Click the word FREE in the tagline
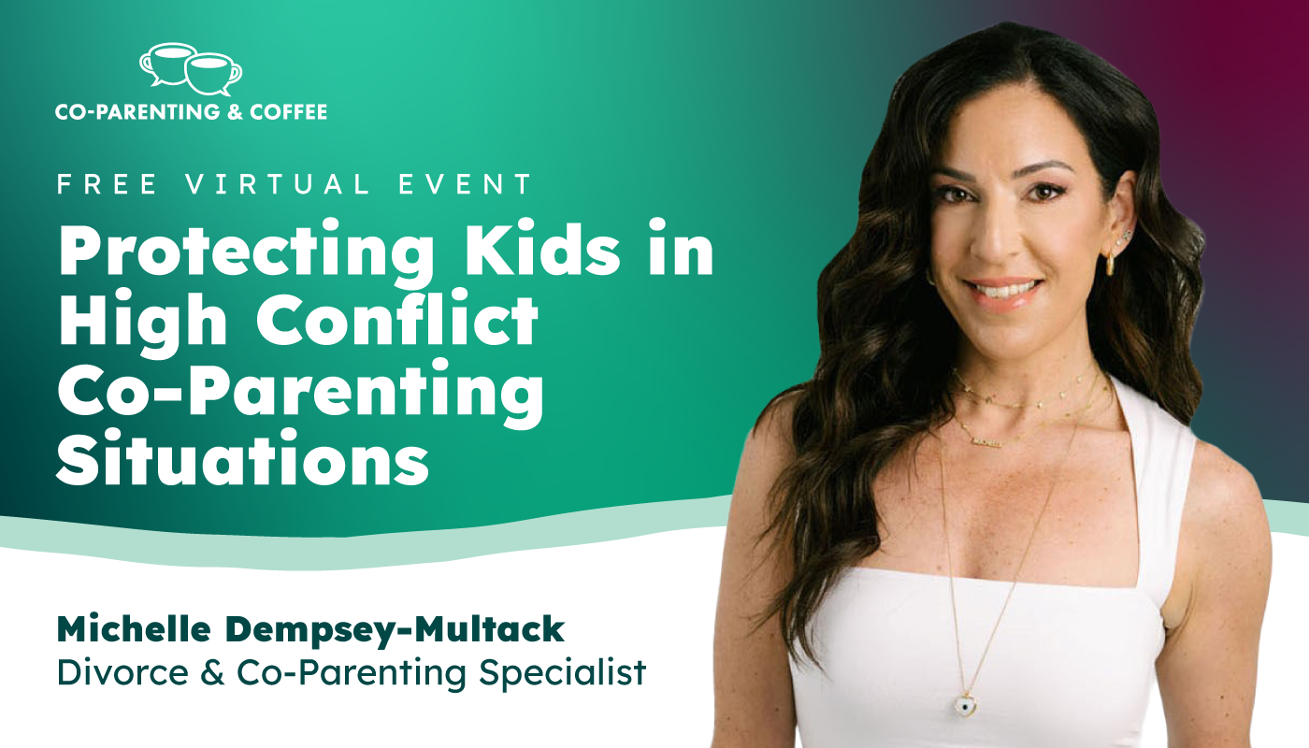click(107, 184)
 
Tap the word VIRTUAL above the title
click(278, 184)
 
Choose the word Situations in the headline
click(242, 457)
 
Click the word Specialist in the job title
click(562, 672)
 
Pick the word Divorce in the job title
click(122, 672)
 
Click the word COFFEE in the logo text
click(288, 111)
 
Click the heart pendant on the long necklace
click(968, 703)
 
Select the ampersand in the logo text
click(235, 111)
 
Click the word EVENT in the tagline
click(465, 184)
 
